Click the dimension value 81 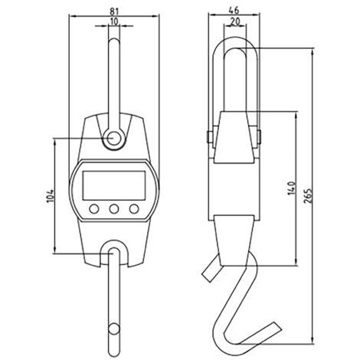pyautogui.click(x=113, y=11)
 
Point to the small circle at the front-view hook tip pyautogui.click(x=113, y=330)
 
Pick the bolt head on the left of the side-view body pyautogui.click(x=208, y=137)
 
